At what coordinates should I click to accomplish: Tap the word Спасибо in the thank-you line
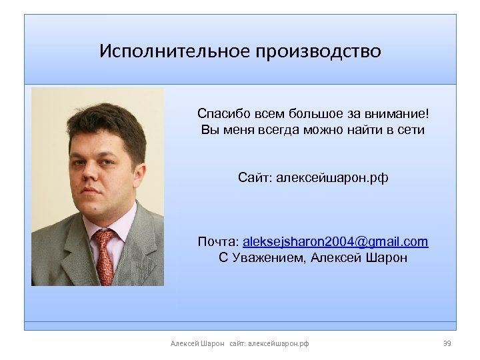(221, 113)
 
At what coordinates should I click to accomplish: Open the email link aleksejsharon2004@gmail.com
(335, 241)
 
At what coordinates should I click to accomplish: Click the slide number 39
(447, 343)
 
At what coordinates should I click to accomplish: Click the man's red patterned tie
(105, 257)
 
